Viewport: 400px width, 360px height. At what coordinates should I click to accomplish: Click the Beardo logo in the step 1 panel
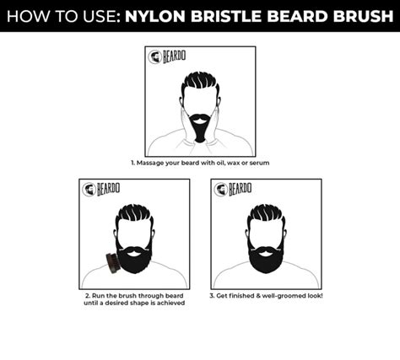point(166,56)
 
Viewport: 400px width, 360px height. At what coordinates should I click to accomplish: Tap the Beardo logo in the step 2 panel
point(100,189)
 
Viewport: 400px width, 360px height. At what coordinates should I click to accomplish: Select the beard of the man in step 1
point(199,126)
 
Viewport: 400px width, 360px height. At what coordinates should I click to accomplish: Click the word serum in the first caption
point(259,162)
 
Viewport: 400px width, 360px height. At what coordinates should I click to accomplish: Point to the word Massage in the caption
point(149,162)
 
